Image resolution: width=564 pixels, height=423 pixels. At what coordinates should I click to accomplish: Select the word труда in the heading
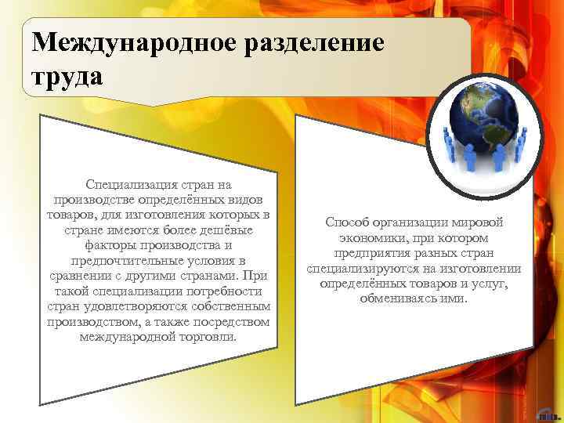[x=67, y=77]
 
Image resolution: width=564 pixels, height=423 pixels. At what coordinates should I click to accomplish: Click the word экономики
[x=372, y=237]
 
